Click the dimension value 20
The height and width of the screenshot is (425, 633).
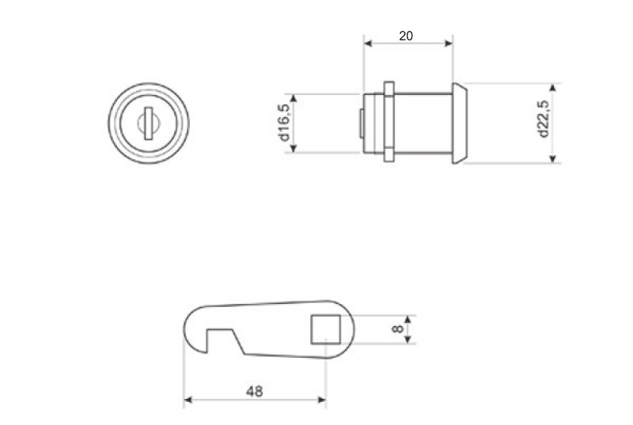pyautogui.click(x=406, y=36)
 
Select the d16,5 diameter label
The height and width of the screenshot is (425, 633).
pyautogui.click(x=285, y=123)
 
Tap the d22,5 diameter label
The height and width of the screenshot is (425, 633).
pyautogui.click(x=544, y=119)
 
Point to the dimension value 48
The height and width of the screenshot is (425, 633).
pyautogui.click(x=254, y=391)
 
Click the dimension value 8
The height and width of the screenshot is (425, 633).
pyautogui.click(x=397, y=329)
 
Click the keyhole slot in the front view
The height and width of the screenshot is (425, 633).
pyautogui.click(x=148, y=123)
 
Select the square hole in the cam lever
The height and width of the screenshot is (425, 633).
pyautogui.click(x=325, y=329)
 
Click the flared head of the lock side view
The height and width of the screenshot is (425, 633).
pyautogui.click(x=460, y=123)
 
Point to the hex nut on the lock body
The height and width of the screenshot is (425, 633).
pyautogui.click(x=389, y=122)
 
